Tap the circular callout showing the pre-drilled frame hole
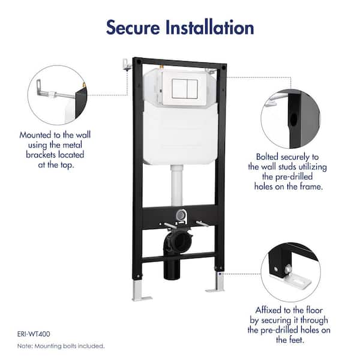(x=290, y=116)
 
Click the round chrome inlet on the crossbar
(x=181, y=215)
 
